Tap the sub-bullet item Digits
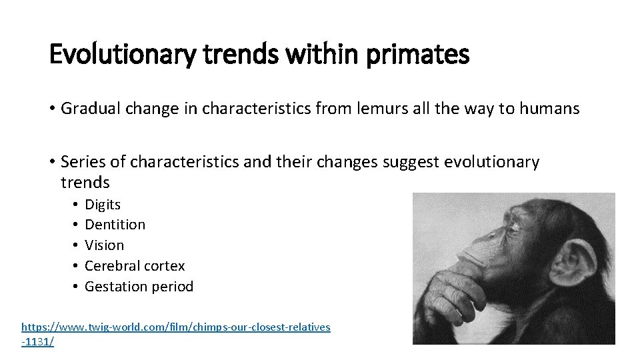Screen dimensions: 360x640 pyautogui.click(x=103, y=204)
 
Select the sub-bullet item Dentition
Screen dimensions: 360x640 pyautogui.click(x=115, y=225)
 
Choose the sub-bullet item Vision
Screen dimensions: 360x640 pyautogui.click(x=104, y=245)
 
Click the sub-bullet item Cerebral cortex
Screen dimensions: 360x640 pyautogui.click(x=135, y=266)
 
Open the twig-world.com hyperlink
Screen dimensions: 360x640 pyautogui.click(x=175, y=327)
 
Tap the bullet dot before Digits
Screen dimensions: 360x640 pyautogui.click(x=77, y=205)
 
